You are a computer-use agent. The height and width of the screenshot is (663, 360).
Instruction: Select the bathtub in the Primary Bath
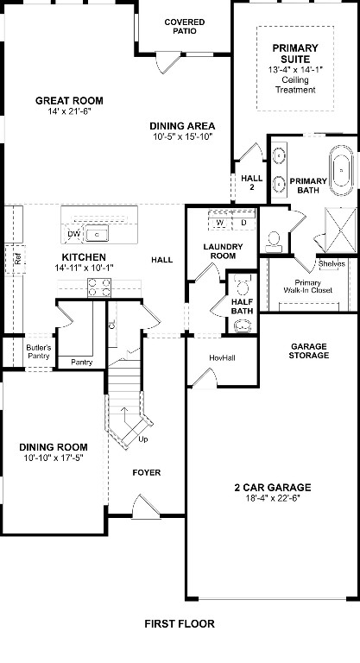point(342,172)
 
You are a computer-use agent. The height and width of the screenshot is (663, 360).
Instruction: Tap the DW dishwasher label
point(73,234)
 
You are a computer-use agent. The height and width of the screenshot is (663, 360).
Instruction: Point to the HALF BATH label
point(242,306)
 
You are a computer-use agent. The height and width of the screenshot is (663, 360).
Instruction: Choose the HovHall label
point(222,357)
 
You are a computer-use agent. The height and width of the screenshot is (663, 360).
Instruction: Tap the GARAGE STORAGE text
point(308,350)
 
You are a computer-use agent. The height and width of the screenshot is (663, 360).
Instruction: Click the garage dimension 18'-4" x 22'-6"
point(272,499)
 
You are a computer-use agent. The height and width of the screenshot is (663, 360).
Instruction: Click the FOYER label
point(146,473)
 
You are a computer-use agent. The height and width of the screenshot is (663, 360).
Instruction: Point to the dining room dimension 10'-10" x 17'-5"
point(54,458)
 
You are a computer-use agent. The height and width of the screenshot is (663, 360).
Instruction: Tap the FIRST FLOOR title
point(180,623)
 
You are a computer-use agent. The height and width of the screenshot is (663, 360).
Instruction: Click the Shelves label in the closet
point(331,264)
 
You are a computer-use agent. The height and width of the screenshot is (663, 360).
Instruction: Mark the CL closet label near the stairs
point(112,325)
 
